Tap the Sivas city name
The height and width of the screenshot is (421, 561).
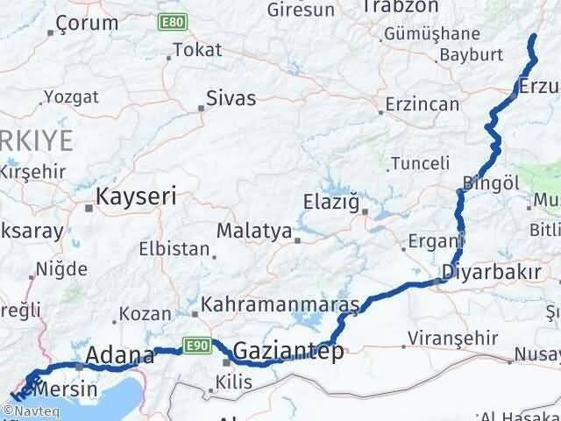(x=231, y=98)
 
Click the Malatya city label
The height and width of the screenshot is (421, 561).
(x=253, y=232)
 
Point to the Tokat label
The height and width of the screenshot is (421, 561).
(x=197, y=51)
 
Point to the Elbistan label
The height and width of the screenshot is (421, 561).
(x=175, y=249)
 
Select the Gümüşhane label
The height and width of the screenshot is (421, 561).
(x=431, y=34)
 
